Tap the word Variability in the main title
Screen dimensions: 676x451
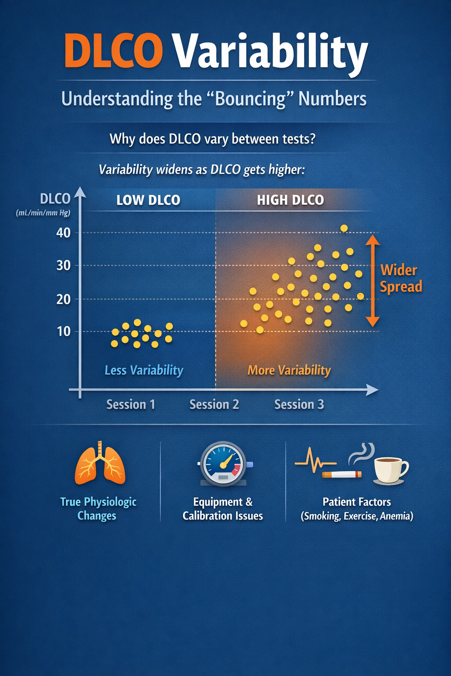tap(270, 52)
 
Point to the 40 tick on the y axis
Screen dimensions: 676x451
tap(63, 233)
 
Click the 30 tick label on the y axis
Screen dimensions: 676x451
tap(63, 265)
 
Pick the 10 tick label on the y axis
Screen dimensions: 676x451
tap(63, 331)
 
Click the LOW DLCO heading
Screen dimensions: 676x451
tap(148, 200)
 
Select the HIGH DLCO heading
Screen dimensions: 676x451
tap(290, 200)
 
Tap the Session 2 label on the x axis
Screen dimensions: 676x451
tap(214, 404)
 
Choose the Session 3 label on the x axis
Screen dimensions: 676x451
tap(299, 404)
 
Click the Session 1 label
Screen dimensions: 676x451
tap(131, 404)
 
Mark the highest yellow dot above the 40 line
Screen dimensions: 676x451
tap(344, 228)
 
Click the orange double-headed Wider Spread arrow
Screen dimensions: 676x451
tap(373, 281)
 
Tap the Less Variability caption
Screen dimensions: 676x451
tap(144, 370)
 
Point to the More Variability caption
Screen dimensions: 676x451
tap(289, 370)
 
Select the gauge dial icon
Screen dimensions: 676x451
tap(224, 463)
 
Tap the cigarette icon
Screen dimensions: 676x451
tap(342, 474)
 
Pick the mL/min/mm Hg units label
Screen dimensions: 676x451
tap(43, 213)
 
